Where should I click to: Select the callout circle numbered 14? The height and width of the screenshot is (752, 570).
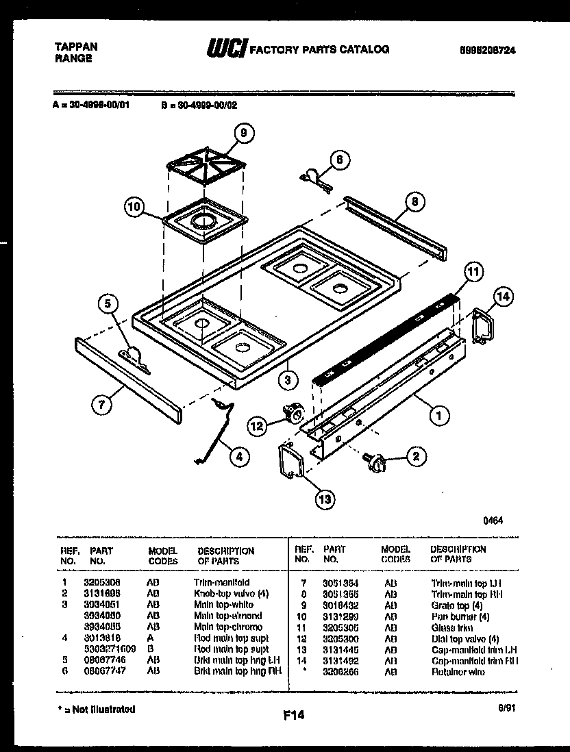tap(503, 297)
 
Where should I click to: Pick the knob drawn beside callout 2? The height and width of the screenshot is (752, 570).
tap(375, 463)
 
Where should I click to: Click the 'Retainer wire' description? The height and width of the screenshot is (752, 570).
tap(458, 673)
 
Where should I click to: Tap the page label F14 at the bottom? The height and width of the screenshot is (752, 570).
tap(293, 716)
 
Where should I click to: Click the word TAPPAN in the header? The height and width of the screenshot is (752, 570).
tap(75, 47)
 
